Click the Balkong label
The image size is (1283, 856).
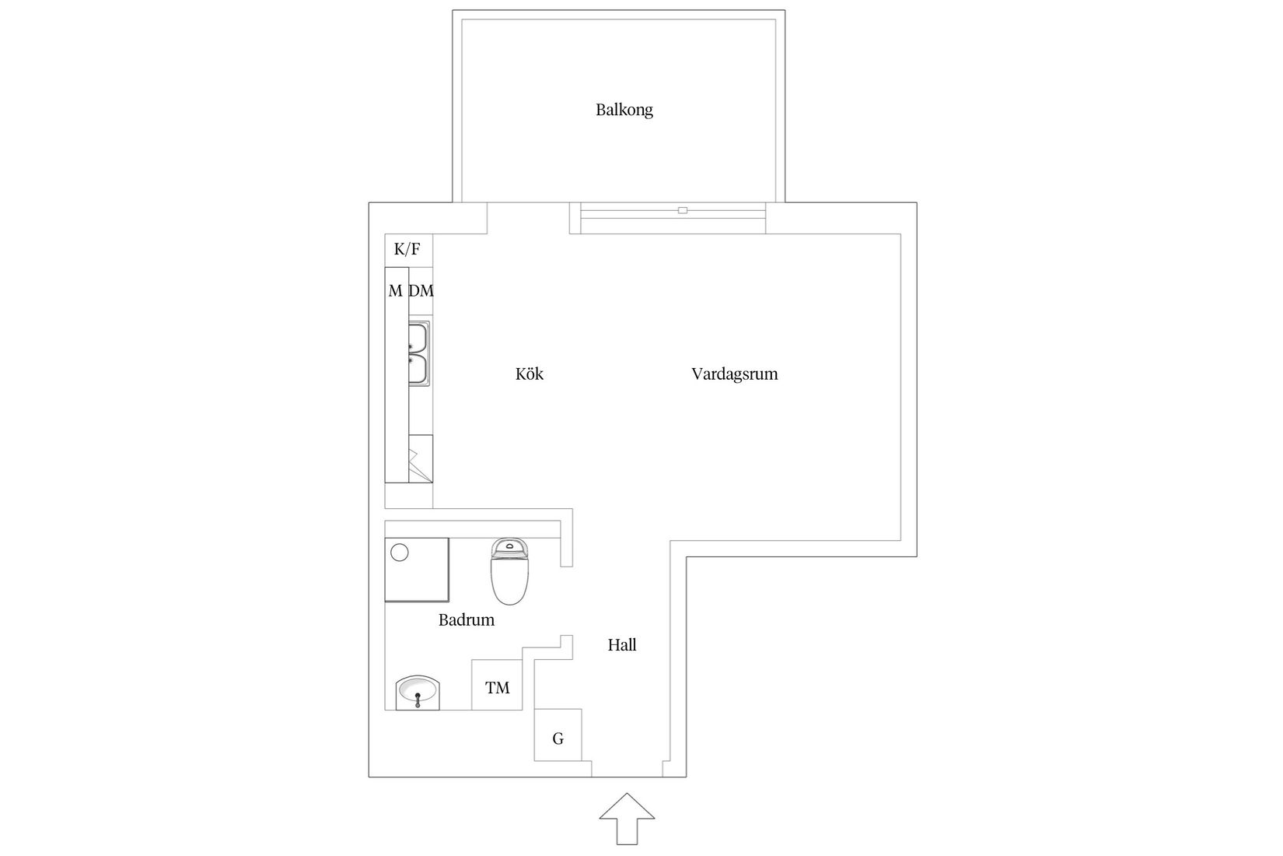click(624, 110)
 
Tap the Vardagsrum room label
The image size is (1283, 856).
click(734, 374)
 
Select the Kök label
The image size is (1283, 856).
click(530, 374)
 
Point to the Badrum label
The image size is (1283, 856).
click(467, 619)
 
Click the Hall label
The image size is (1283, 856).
click(622, 645)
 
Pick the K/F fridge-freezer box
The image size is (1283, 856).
click(408, 251)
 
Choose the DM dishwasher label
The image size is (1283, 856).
click(421, 291)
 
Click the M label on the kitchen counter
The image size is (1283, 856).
click(395, 291)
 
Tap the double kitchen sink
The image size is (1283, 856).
click(419, 353)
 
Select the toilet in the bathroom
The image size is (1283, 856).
click(509, 571)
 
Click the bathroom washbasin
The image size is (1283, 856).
click(418, 693)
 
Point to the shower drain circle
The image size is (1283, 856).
click(399, 553)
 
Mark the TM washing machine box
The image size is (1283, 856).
click(497, 685)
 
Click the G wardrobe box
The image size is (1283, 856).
click(558, 735)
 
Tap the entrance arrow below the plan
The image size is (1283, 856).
click(628, 819)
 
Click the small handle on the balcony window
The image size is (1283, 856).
click(683, 210)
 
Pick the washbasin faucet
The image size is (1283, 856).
click(418, 700)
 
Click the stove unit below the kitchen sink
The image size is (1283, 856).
click(421, 458)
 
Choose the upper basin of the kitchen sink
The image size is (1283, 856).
click(418, 337)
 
